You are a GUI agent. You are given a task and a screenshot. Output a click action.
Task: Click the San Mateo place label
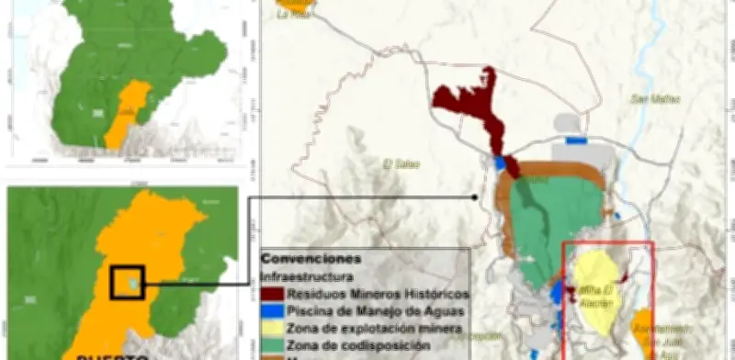(x=649, y=98)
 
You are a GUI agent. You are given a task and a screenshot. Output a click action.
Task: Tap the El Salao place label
(x=401, y=164)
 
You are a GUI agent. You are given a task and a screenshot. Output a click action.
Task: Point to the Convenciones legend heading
(x=311, y=259)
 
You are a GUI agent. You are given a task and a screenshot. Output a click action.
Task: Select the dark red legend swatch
(x=272, y=293)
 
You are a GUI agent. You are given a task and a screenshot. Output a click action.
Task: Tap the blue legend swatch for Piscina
(x=272, y=310)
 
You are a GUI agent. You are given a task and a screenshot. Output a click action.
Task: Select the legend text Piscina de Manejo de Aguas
(x=367, y=310)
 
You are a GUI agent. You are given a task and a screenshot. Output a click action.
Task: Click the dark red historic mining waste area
(x=464, y=106)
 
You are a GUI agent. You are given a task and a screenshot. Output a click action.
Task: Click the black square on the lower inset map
(x=128, y=283)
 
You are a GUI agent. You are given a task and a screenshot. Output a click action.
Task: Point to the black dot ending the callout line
(x=473, y=197)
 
